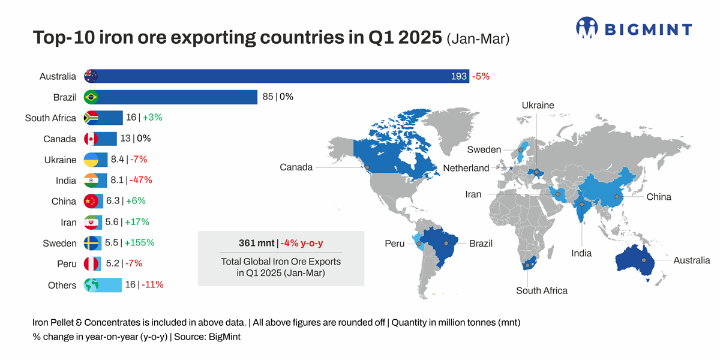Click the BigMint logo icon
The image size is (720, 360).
pyautogui.click(x=587, y=28)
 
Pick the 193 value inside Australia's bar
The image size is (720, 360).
pyautogui.click(x=458, y=76)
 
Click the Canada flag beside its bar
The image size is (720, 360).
pyautogui.click(x=90, y=139)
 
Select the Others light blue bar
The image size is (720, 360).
pyautogui.click(x=108, y=285)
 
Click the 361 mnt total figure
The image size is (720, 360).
pyautogui.click(x=257, y=244)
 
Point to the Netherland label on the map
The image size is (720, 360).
pyautogui.click(x=466, y=168)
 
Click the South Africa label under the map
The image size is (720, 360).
pyautogui.click(x=542, y=290)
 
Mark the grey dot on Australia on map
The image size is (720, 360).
pyautogui.click(x=643, y=260)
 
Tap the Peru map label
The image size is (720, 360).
pyautogui.click(x=394, y=244)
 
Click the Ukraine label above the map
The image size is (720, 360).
pyautogui.click(x=538, y=105)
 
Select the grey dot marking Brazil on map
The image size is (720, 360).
pyautogui.click(x=446, y=244)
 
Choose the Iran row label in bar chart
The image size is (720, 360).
pyautogui.click(x=68, y=222)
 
